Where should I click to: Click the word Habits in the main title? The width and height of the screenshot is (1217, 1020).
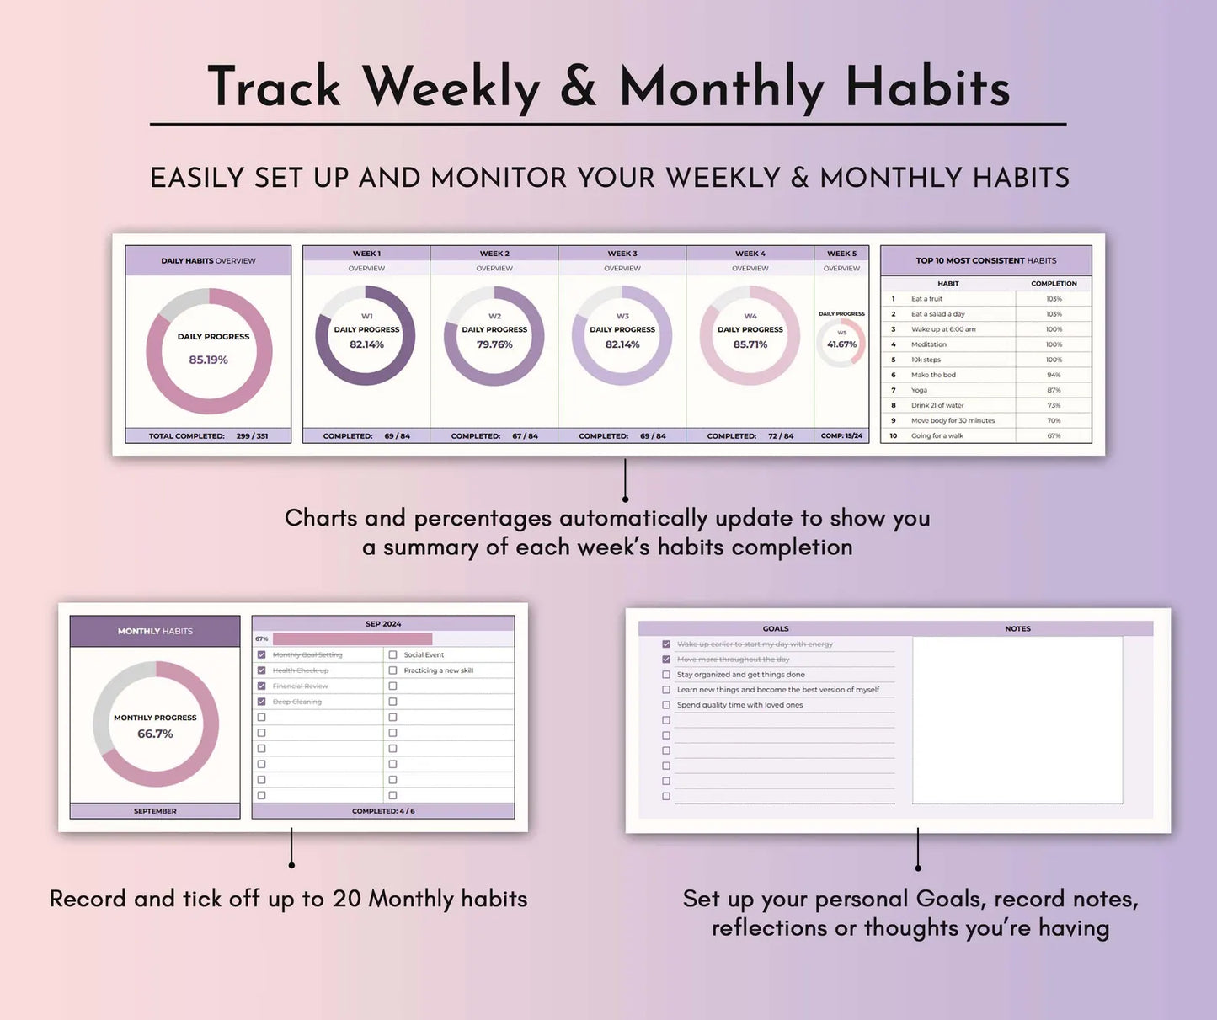(x=927, y=88)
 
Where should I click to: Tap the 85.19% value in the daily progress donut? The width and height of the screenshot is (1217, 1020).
(x=208, y=360)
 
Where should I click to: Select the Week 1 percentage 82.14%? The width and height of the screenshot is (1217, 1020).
(x=366, y=344)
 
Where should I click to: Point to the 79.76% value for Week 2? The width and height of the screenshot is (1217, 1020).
(x=494, y=344)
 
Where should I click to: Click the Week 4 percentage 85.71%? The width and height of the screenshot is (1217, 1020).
(x=750, y=344)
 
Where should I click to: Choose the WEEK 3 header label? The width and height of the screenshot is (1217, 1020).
(x=622, y=254)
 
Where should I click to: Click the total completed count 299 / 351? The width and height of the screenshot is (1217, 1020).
(x=252, y=436)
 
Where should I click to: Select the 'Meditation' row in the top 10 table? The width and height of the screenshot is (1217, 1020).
(x=929, y=344)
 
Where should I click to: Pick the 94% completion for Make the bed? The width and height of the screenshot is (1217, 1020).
(x=1054, y=375)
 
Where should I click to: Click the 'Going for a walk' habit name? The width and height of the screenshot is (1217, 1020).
(x=937, y=436)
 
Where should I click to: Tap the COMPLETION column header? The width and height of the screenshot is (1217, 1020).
(x=1054, y=284)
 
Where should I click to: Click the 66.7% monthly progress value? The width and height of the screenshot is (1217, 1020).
(x=155, y=734)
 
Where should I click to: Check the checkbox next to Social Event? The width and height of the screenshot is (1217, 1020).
(x=392, y=654)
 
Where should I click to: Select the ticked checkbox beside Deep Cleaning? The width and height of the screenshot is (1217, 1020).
(x=261, y=702)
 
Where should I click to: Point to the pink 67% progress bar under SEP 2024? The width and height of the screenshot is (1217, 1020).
(x=352, y=639)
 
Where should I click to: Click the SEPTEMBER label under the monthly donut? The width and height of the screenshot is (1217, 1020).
(x=155, y=811)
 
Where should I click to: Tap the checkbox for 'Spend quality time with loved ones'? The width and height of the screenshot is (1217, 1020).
(x=666, y=705)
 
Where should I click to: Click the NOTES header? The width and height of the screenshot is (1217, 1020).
(x=1017, y=628)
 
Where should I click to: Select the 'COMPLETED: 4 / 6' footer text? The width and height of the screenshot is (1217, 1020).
(x=383, y=811)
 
